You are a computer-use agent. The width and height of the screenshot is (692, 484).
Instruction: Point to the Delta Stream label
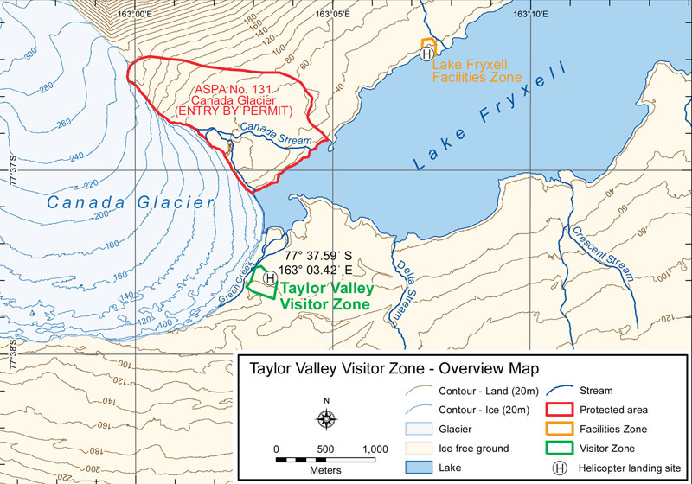click(x=404, y=290)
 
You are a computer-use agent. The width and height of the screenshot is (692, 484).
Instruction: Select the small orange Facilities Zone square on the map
click(x=427, y=44)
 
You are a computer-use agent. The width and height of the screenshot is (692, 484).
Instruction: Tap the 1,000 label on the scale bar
click(x=374, y=450)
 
